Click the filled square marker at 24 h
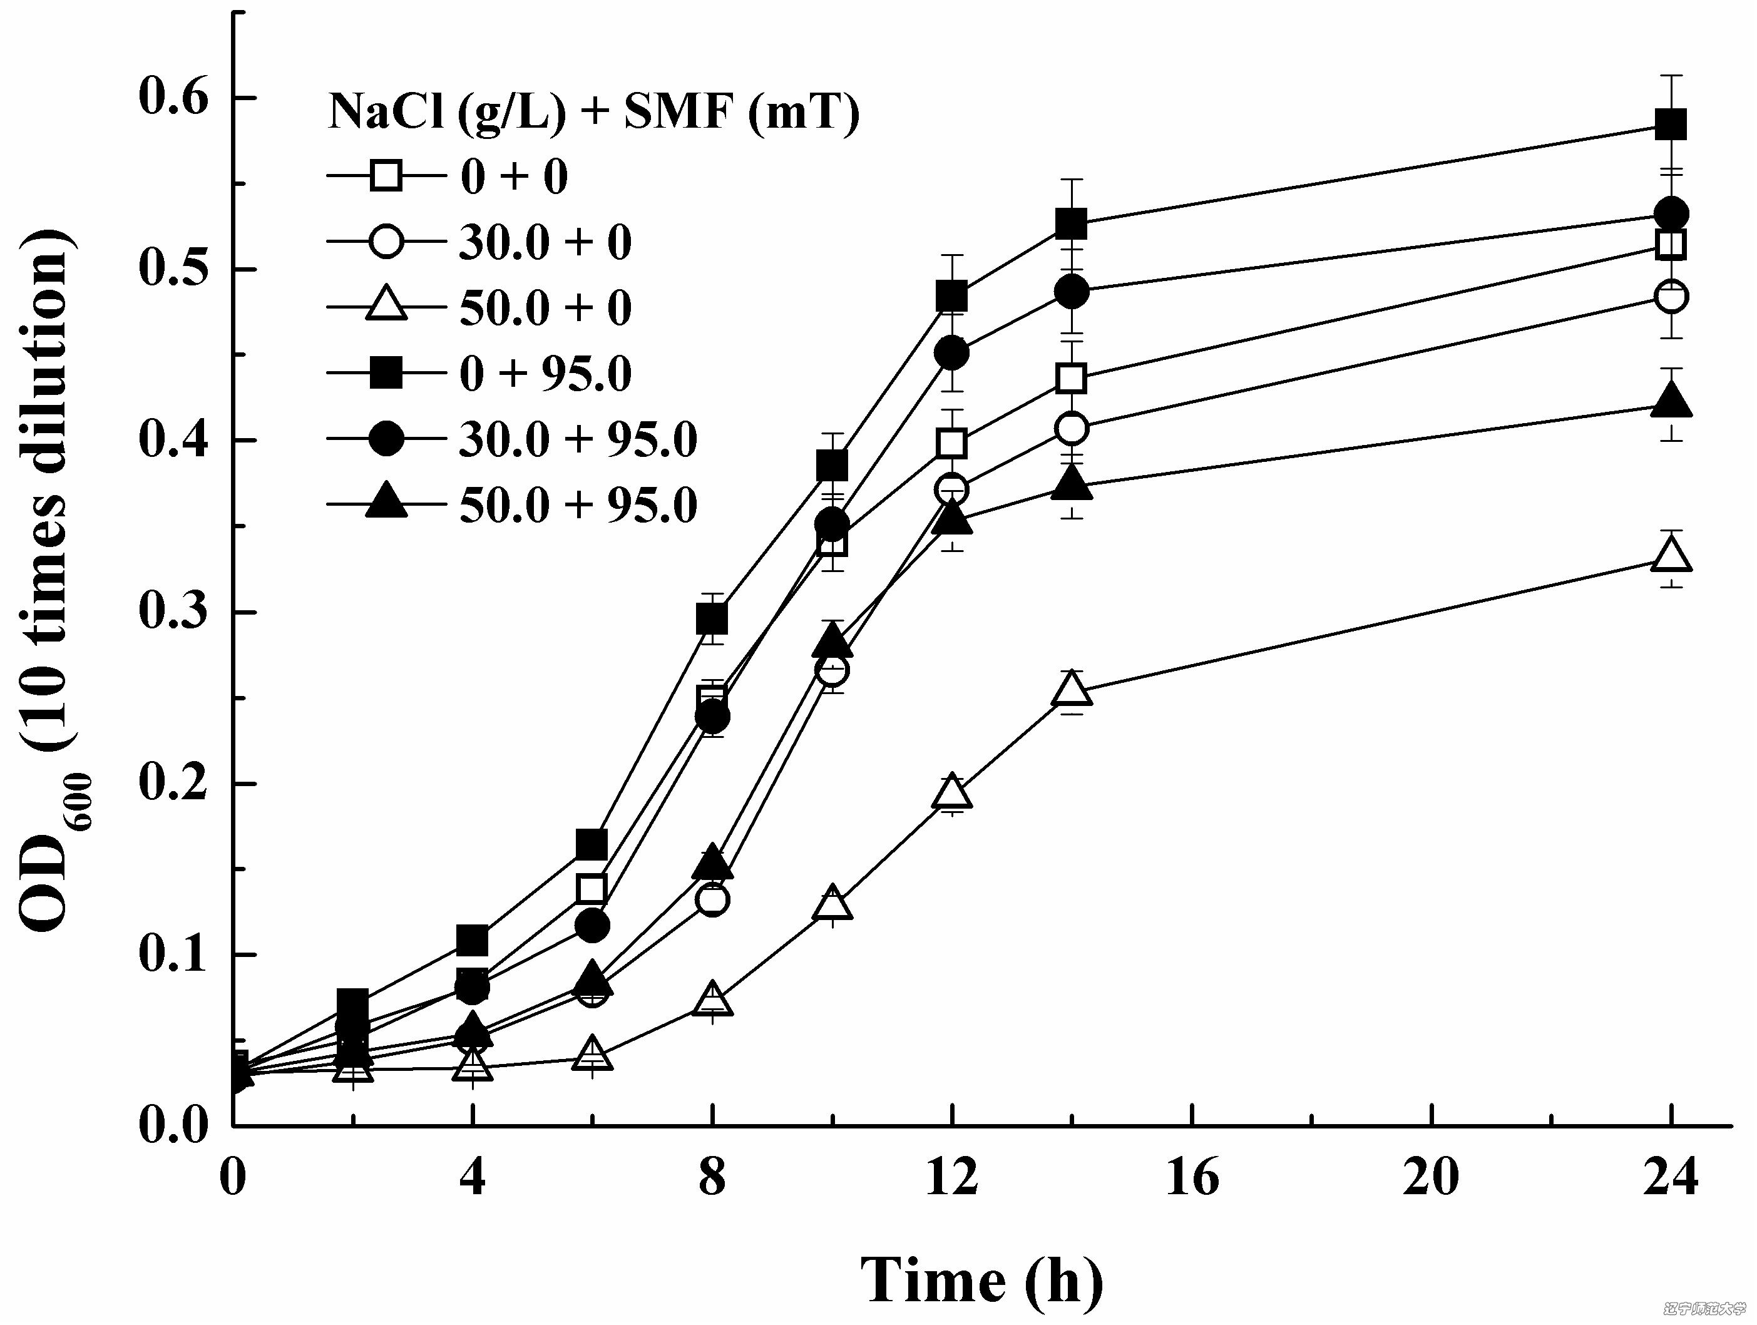1671,125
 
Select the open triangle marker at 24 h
1671,556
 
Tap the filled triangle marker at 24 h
1671,401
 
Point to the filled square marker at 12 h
951,296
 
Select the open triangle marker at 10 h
832,904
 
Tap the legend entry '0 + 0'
514,176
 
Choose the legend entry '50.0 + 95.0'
578,505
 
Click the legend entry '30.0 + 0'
545,242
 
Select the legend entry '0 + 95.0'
545,374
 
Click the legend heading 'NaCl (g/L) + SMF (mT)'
593,112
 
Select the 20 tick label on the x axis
1432,1177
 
